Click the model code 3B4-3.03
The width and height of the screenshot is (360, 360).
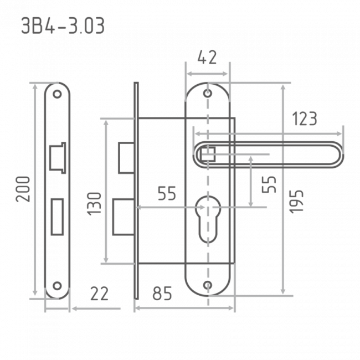pyautogui.click(x=63, y=25)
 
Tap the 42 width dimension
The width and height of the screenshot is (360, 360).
pyautogui.click(x=207, y=58)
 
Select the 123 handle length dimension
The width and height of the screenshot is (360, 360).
pyautogui.click(x=305, y=119)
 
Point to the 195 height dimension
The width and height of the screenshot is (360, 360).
pyautogui.click(x=296, y=202)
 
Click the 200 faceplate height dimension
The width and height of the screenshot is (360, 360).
pyautogui.click(x=23, y=189)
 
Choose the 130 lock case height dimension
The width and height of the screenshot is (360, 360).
pyautogui.click(x=94, y=204)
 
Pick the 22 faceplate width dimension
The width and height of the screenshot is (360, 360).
pyautogui.click(x=99, y=294)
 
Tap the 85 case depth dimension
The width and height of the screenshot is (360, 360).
pyautogui.click(x=162, y=294)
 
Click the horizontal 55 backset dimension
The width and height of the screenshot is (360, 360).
pyautogui.click(x=167, y=193)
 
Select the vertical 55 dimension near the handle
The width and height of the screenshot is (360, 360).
pyautogui.click(x=269, y=184)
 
